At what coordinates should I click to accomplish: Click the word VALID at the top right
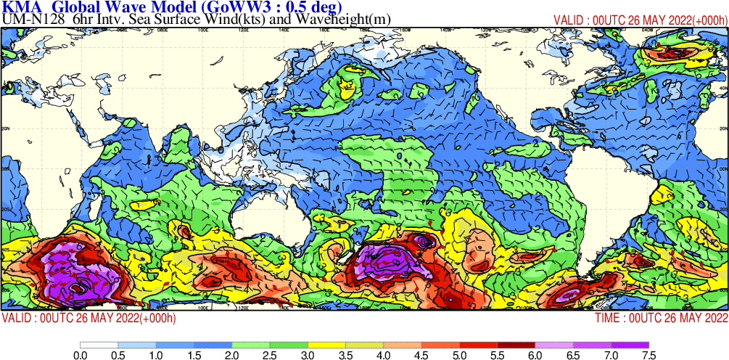pos(570,20)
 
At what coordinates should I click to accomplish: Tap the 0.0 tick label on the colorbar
pos(81,355)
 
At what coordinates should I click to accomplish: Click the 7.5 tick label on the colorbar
pos(648,355)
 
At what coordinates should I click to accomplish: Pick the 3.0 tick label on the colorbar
pos(308,355)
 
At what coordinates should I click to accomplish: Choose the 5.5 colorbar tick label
pos(497,355)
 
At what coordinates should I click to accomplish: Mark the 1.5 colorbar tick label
pos(194,355)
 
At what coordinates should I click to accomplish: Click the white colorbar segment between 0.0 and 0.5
pos(99,345)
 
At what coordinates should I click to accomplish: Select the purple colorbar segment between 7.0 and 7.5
pos(630,345)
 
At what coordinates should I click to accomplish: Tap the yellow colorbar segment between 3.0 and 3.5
pos(326,345)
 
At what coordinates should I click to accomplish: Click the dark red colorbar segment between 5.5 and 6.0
pos(516,345)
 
